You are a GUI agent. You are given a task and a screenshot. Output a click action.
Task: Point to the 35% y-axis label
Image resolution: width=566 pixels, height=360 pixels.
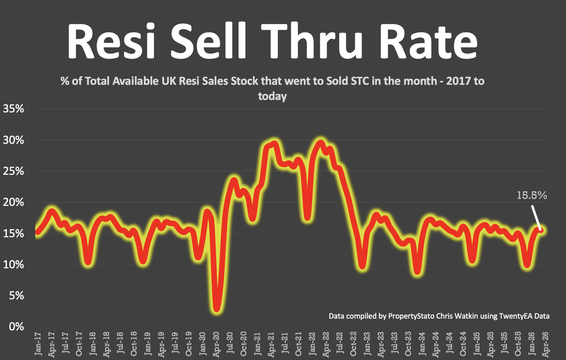[x=13, y=109]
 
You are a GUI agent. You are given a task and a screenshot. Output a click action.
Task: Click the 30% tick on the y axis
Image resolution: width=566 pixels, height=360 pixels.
[x=13, y=140]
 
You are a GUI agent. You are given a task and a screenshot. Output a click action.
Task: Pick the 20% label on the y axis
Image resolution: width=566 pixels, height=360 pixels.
[x=13, y=202]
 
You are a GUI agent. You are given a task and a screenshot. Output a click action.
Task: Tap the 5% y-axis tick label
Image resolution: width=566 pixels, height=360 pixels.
[x=17, y=296]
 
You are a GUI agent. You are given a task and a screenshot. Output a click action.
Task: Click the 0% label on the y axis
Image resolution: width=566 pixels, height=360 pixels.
[x=17, y=327]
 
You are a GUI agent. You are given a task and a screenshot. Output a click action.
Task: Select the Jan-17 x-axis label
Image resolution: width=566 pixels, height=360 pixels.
[x=38, y=344]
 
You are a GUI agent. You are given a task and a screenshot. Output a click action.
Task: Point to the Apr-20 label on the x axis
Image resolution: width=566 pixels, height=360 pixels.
[x=216, y=344]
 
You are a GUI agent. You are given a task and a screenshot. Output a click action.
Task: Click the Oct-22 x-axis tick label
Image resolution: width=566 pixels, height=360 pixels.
[x=353, y=344]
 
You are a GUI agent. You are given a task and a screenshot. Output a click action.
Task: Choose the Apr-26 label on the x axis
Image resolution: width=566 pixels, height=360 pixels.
[x=546, y=344]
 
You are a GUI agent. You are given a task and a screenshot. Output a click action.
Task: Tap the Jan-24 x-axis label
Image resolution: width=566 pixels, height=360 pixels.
[x=422, y=344]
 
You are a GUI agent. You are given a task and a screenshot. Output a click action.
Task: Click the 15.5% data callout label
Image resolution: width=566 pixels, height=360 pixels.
[x=531, y=196]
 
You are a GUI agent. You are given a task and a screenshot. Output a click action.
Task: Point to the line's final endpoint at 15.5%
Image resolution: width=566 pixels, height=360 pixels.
[x=541, y=230]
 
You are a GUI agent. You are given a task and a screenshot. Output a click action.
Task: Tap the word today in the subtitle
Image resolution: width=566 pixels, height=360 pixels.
[x=272, y=96]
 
